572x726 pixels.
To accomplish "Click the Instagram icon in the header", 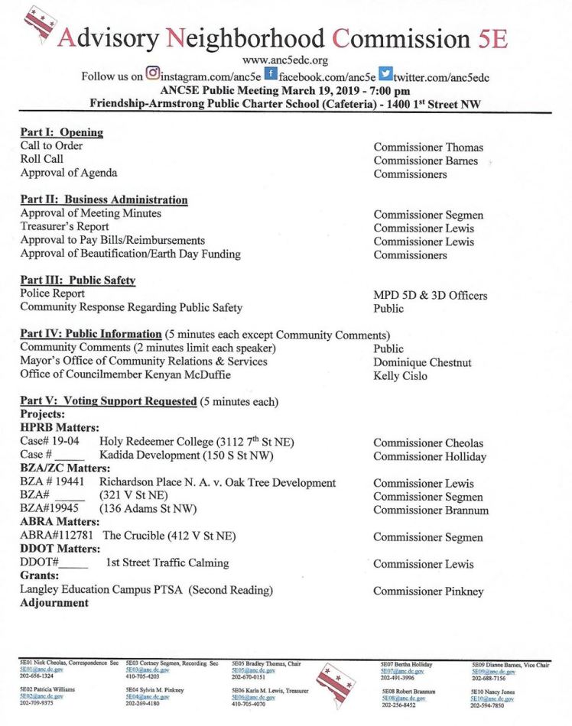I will point(153,75).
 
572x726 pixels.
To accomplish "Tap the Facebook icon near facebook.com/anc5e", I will point(270,75).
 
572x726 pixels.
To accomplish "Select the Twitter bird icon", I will point(385,75).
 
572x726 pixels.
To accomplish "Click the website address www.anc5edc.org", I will point(284,60).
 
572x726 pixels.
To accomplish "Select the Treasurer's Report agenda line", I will point(64,227).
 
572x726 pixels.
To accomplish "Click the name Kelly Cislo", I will point(400,375).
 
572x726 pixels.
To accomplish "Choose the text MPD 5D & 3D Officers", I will point(430,295).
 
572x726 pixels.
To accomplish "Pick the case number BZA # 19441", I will point(52,483).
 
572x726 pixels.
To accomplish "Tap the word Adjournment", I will point(54,603).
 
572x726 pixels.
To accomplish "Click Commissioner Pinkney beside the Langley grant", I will point(428,591).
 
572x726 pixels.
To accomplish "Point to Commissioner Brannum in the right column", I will point(431,510).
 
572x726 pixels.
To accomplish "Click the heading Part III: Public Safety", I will point(77,280).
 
